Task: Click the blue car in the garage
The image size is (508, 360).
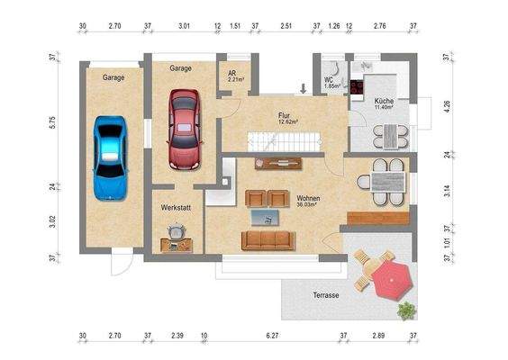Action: click(x=111, y=157)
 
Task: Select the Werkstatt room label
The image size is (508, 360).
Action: click(x=177, y=208)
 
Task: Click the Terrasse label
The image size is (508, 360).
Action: click(x=326, y=295)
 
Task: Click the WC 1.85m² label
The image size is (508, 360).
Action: click(x=330, y=82)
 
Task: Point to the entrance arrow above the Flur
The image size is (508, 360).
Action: click(x=304, y=88)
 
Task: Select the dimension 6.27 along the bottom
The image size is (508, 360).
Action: click(x=271, y=337)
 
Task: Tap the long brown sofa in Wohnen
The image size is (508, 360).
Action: click(x=268, y=239)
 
